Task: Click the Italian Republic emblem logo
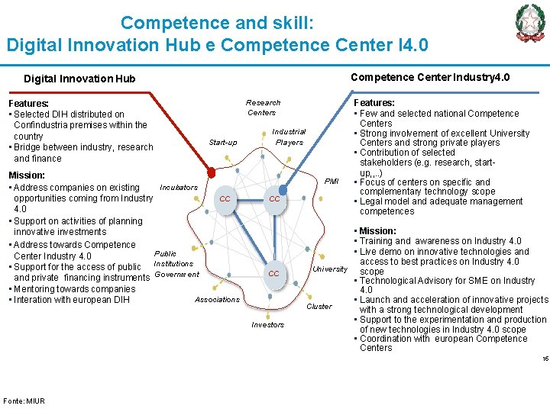tap(530, 23)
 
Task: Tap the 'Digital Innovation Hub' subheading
tap(79, 79)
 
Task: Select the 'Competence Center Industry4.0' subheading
tap(429, 77)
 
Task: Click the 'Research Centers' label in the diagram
tap(262, 108)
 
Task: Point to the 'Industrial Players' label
tap(289, 137)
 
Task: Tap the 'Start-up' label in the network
tap(223, 143)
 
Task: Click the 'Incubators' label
tap(179, 187)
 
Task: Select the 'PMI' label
tap(331, 182)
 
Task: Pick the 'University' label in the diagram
tap(330, 269)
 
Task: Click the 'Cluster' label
tap(319, 306)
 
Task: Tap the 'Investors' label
tap(267, 325)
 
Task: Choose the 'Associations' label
tap(217, 300)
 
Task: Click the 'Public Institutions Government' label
tap(176, 264)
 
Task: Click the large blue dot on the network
tap(283, 189)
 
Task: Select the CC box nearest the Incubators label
tap(225, 199)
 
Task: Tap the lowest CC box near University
tap(273, 273)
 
